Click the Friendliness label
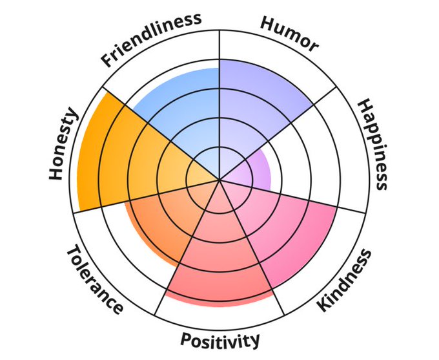tap(151, 39)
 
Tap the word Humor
tap(289, 32)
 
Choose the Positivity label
tap(220, 339)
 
